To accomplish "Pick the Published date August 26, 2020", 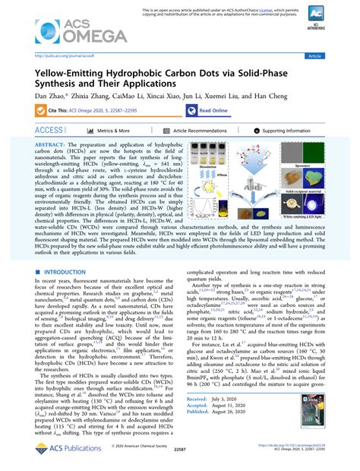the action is tap(228, 433).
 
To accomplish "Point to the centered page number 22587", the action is tap(179, 460).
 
